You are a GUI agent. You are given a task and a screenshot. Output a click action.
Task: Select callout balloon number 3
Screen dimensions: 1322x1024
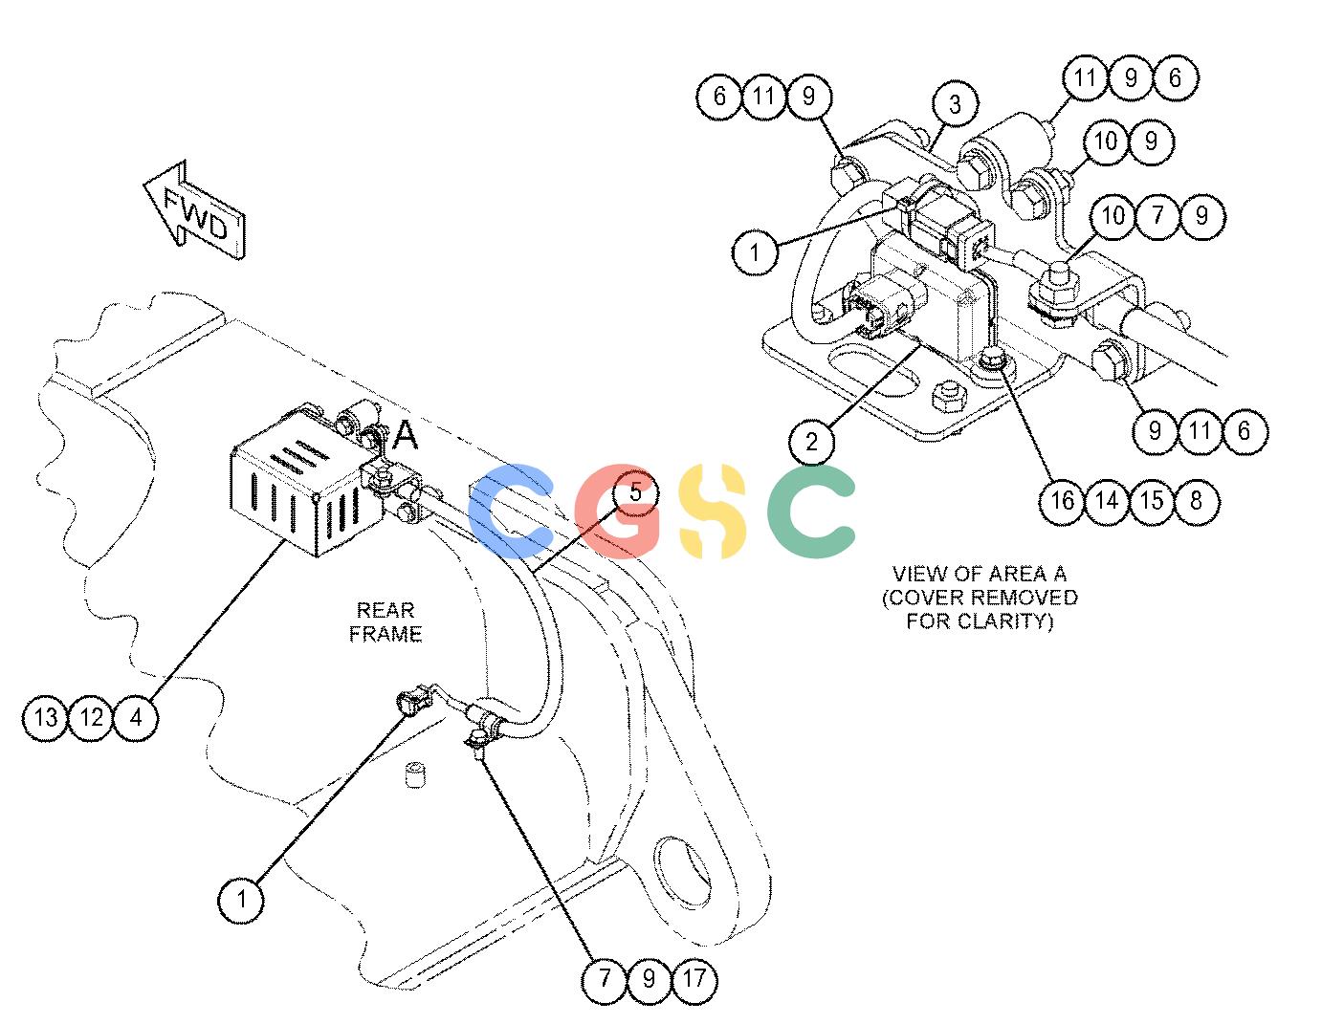[x=955, y=104]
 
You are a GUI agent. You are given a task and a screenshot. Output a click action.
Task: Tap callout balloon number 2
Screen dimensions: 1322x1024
[x=811, y=442]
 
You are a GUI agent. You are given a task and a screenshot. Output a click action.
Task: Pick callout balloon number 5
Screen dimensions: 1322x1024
[x=636, y=492]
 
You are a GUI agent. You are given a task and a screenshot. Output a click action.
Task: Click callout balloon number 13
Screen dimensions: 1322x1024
[x=46, y=717]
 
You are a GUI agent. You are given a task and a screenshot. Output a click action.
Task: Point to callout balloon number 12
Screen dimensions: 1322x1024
[x=91, y=717]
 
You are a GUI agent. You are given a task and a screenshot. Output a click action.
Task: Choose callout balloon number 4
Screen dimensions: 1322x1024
[x=136, y=717]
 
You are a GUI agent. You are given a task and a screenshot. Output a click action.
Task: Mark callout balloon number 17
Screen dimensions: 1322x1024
[x=694, y=978]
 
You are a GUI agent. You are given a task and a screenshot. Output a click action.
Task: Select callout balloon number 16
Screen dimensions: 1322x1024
[x=1062, y=501]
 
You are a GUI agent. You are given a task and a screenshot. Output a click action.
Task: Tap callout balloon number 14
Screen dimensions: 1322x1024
[x=1107, y=501]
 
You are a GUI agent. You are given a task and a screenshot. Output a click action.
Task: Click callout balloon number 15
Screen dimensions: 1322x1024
[x=1152, y=501]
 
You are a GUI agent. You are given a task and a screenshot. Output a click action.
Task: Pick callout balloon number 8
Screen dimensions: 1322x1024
[x=1196, y=501]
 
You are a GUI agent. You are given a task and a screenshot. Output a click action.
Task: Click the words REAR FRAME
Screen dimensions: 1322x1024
[x=386, y=622]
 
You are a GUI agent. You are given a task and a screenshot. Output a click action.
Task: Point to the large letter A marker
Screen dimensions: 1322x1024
[x=406, y=435]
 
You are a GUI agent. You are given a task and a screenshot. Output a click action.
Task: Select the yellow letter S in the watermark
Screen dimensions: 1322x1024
[x=713, y=512]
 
